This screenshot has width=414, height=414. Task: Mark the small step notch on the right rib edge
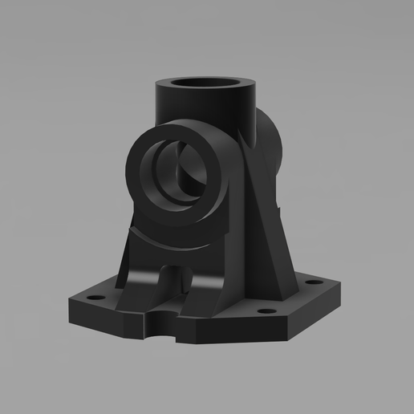(x=281, y=208)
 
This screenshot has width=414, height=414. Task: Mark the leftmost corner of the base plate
(x=67, y=303)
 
